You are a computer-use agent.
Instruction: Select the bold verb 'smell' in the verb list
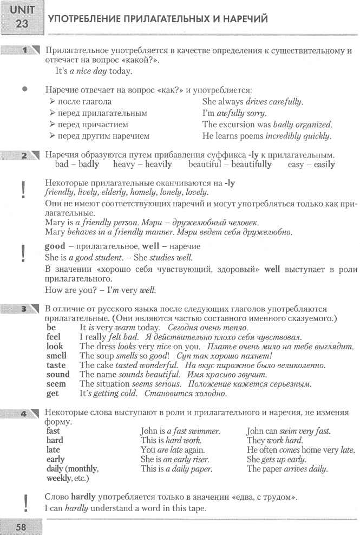(x=57, y=356)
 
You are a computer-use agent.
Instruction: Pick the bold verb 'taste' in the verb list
(x=56, y=365)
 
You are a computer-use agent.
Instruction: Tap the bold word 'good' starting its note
(x=55, y=246)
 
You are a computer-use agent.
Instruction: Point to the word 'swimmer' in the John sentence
(x=203, y=431)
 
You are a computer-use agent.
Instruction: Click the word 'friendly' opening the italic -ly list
(x=58, y=192)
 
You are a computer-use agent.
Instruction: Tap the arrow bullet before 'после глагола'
(x=52, y=101)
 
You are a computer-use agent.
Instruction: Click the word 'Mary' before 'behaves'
(x=55, y=232)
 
